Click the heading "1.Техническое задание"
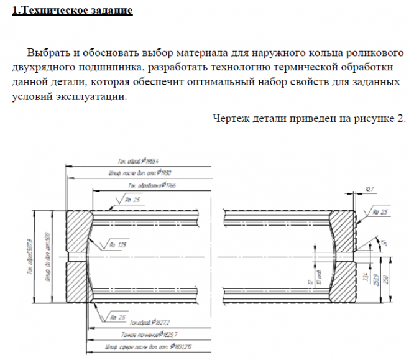(x=72, y=11)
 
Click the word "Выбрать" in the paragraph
(x=48, y=52)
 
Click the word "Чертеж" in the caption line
(x=233, y=118)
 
